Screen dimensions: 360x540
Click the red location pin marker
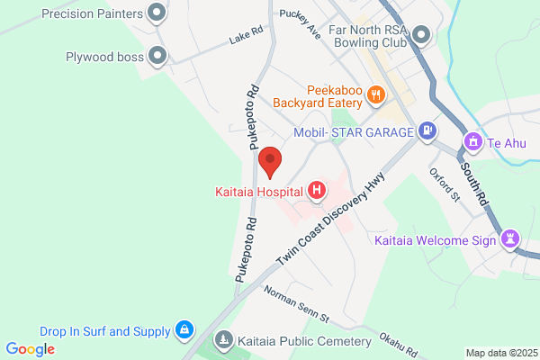click(270, 163)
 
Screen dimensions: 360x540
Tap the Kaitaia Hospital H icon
click(317, 190)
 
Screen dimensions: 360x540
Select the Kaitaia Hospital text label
click(259, 191)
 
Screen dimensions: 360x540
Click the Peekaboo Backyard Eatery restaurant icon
click(377, 92)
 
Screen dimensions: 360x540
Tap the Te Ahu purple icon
click(472, 142)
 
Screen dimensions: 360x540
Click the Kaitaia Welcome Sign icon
click(512, 238)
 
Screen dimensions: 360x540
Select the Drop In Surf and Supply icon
click(184, 329)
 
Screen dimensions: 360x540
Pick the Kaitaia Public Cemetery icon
click(222, 341)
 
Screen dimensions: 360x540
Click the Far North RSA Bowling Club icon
click(421, 36)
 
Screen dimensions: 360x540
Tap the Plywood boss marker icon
click(158, 56)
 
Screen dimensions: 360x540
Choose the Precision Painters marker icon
click(157, 13)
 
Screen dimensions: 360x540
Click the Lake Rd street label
click(247, 35)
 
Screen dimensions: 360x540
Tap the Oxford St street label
click(444, 184)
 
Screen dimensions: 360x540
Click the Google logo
click(30, 349)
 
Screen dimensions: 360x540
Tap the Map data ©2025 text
click(500, 353)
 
